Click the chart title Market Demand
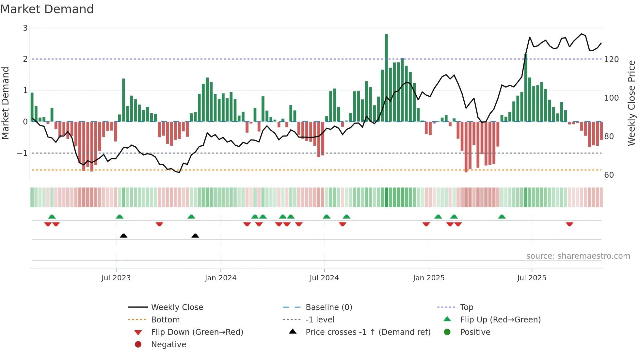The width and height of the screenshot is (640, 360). [47, 9]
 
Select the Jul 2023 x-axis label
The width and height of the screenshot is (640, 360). [116, 278]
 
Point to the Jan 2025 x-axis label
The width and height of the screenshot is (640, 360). [428, 278]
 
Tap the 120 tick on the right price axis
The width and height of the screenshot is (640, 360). [611, 59]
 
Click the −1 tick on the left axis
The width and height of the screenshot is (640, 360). [22, 153]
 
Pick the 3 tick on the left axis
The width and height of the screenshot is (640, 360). [25, 28]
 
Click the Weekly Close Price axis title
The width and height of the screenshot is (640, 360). [632, 103]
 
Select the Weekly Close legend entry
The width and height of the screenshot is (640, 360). [177, 307]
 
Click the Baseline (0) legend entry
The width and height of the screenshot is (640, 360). [328, 307]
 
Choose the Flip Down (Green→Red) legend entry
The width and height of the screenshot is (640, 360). [197, 332]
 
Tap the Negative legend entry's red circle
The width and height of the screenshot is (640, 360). [138, 345]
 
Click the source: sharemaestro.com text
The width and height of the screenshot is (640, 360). [578, 256]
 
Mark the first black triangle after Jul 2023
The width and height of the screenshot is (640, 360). [123, 236]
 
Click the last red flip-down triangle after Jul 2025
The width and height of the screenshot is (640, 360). [569, 224]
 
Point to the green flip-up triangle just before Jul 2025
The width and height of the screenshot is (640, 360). [502, 217]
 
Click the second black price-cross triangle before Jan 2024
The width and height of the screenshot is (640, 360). [195, 236]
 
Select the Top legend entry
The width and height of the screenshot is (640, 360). [466, 307]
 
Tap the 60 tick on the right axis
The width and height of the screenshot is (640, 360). [609, 175]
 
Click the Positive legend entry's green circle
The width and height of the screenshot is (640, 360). [447, 332]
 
